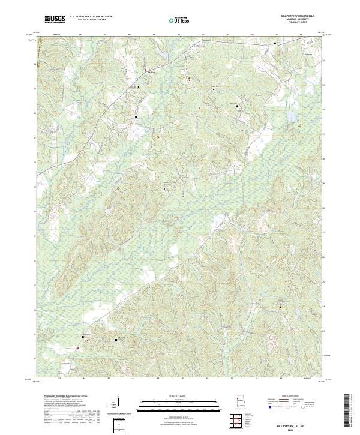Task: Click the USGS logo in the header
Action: [x=55, y=20]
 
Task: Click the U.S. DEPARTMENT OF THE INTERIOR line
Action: [x=91, y=16]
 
